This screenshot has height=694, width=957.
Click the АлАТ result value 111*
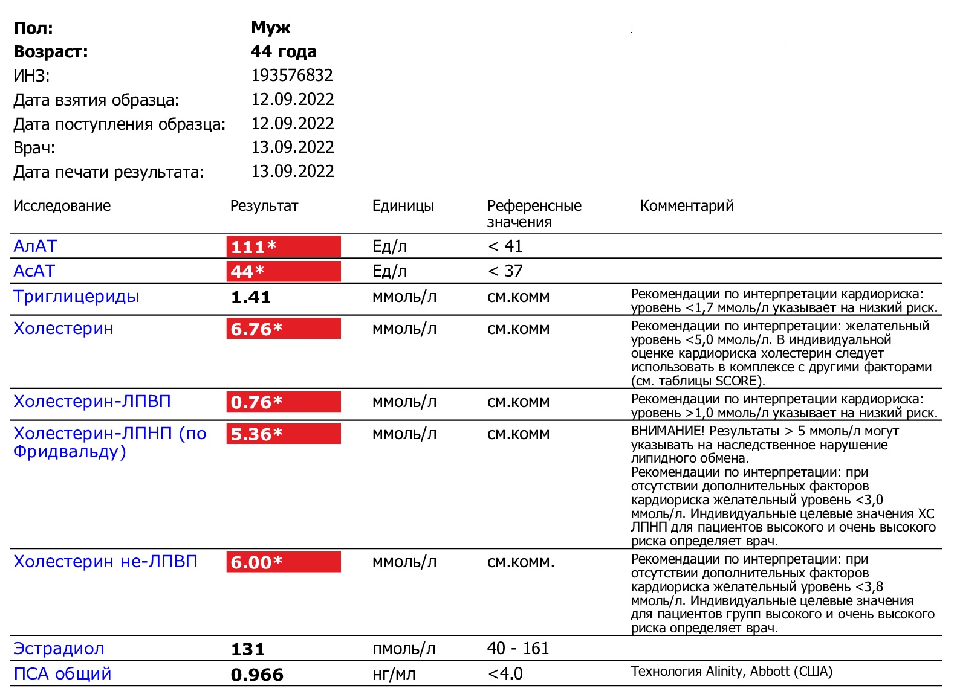[254, 246]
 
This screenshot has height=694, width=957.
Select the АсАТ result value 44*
[248, 271]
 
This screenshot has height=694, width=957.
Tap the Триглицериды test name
[76, 297]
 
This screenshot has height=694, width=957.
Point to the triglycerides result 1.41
[251, 297]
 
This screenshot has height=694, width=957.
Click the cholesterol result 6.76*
[257, 329]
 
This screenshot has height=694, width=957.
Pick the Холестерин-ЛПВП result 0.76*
[257, 402]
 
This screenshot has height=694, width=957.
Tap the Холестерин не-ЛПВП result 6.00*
[257, 562]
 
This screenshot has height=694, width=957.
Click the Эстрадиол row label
[59, 649]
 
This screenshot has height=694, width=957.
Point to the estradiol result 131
[248, 649]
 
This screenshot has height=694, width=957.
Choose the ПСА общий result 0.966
[257, 675]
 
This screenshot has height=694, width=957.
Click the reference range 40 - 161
[518, 649]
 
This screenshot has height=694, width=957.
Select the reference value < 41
[505, 246]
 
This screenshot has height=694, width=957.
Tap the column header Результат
[264, 206]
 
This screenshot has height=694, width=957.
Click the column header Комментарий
[687, 206]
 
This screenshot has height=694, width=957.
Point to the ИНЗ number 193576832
[292, 76]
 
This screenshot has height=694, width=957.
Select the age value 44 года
[284, 52]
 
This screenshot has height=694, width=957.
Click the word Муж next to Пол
[271, 28]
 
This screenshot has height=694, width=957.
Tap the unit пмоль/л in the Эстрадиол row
[404, 649]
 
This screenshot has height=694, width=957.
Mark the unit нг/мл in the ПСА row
[394, 675]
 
